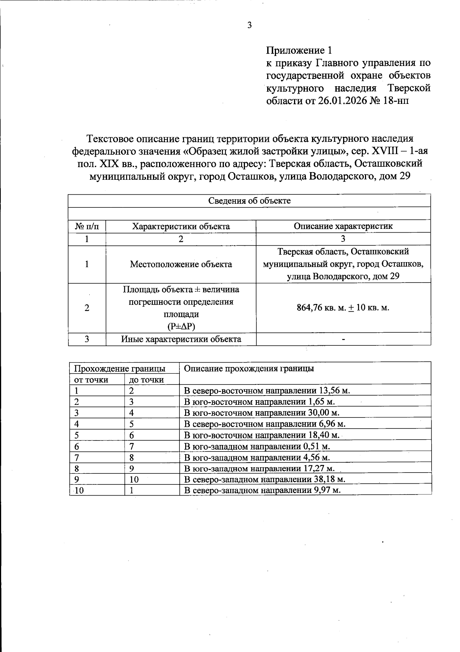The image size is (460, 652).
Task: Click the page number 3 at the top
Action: (249, 26)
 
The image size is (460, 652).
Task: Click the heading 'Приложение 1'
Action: (299, 50)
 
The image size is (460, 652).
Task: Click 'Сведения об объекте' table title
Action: (249, 200)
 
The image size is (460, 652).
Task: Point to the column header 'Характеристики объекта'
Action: (181, 226)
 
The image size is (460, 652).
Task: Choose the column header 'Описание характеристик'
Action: (343, 226)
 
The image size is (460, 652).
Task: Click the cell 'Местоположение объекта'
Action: (181, 264)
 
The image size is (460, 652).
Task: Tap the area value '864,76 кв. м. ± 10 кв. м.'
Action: (343, 308)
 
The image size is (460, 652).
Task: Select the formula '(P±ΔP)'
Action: (181, 327)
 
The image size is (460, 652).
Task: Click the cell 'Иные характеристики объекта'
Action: (181, 339)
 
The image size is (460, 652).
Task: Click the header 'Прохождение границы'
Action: (120, 369)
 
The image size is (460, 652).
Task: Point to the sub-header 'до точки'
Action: (146, 380)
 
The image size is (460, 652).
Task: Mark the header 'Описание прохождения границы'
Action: (249, 369)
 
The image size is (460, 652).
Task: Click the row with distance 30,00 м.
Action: (262, 413)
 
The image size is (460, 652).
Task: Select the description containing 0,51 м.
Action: (257, 446)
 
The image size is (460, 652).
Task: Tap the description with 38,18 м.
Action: (264, 480)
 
